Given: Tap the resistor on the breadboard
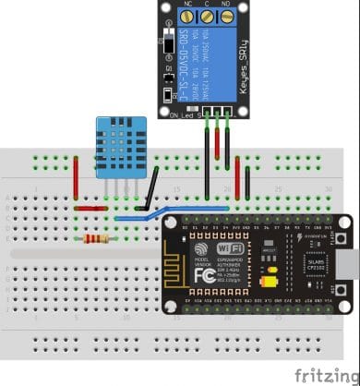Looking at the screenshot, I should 95,239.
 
